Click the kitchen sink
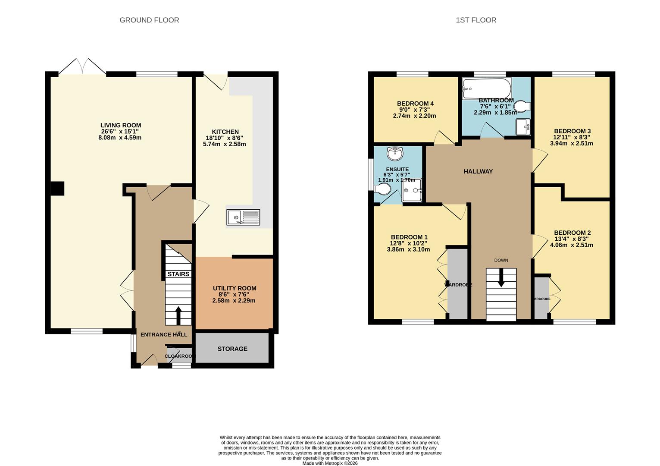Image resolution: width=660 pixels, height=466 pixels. [x=243, y=217]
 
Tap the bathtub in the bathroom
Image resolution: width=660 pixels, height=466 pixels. [x=487, y=88]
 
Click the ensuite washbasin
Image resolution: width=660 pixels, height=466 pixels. [x=395, y=153]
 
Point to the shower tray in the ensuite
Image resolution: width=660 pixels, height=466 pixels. [x=412, y=190]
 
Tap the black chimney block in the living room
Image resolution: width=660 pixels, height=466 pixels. [x=57, y=189]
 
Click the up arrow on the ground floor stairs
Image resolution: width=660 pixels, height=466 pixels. [x=178, y=315]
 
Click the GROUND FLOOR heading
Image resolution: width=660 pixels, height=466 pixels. [x=149, y=20]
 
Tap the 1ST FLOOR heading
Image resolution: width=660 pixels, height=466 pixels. [x=476, y=20]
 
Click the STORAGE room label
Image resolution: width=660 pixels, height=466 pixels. [x=232, y=349]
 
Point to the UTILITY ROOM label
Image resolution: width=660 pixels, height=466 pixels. [x=235, y=288]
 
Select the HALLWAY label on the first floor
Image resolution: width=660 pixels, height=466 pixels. [x=478, y=171]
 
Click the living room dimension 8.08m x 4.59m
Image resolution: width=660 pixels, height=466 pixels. [x=120, y=138]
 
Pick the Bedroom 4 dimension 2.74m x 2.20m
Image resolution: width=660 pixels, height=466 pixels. [x=414, y=116]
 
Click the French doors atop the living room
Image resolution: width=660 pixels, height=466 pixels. [x=82, y=67]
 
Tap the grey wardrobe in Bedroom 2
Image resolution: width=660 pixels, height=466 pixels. [x=541, y=298]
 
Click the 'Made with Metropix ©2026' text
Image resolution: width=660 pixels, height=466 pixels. [x=330, y=463]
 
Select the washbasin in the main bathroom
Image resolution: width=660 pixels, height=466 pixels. [x=523, y=126]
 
